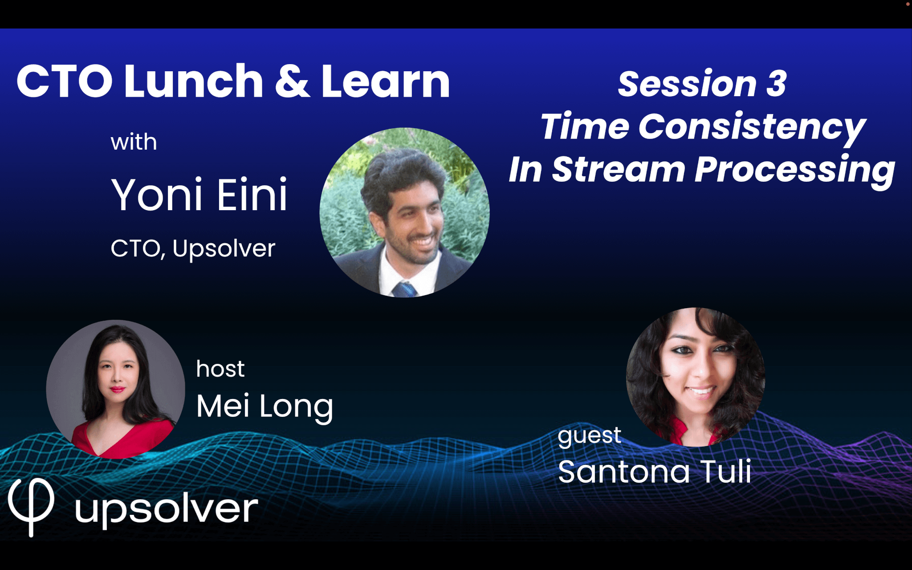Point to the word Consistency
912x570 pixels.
[x=752, y=128]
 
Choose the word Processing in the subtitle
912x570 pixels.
[x=795, y=171]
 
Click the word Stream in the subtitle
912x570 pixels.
[x=619, y=170]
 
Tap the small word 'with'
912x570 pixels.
[x=134, y=142]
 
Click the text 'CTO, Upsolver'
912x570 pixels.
[x=193, y=248]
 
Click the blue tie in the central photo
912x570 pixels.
[x=404, y=289]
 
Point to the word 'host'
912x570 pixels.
[x=220, y=369]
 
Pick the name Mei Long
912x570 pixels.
[x=265, y=407]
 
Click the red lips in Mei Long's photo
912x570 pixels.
[x=118, y=390]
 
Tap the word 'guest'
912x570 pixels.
[x=589, y=436]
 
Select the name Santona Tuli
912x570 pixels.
[x=655, y=472]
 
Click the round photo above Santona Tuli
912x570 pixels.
[x=696, y=377]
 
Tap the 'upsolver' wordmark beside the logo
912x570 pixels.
[x=167, y=510]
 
